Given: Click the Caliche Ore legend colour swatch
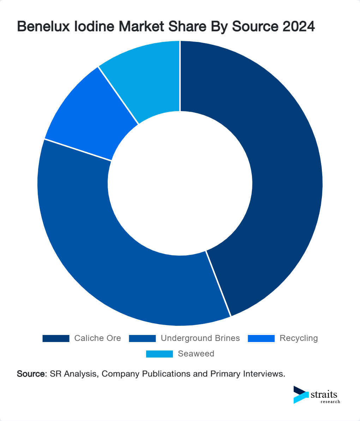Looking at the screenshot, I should (56, 338).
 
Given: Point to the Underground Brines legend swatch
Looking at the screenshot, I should (142, 338).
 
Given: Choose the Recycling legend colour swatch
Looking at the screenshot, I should (261, 338).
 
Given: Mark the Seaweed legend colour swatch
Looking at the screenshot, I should (160, 354).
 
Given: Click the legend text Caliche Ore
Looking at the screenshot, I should (97, 338).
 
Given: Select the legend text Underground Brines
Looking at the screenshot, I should (200, 338).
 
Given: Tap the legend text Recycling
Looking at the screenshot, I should (299, 338).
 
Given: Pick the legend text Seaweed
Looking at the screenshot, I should (196, 354).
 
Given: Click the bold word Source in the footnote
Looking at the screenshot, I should (31, 374).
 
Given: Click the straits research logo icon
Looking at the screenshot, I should (301, 395).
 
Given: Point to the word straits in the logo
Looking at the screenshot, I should (324, 394).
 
